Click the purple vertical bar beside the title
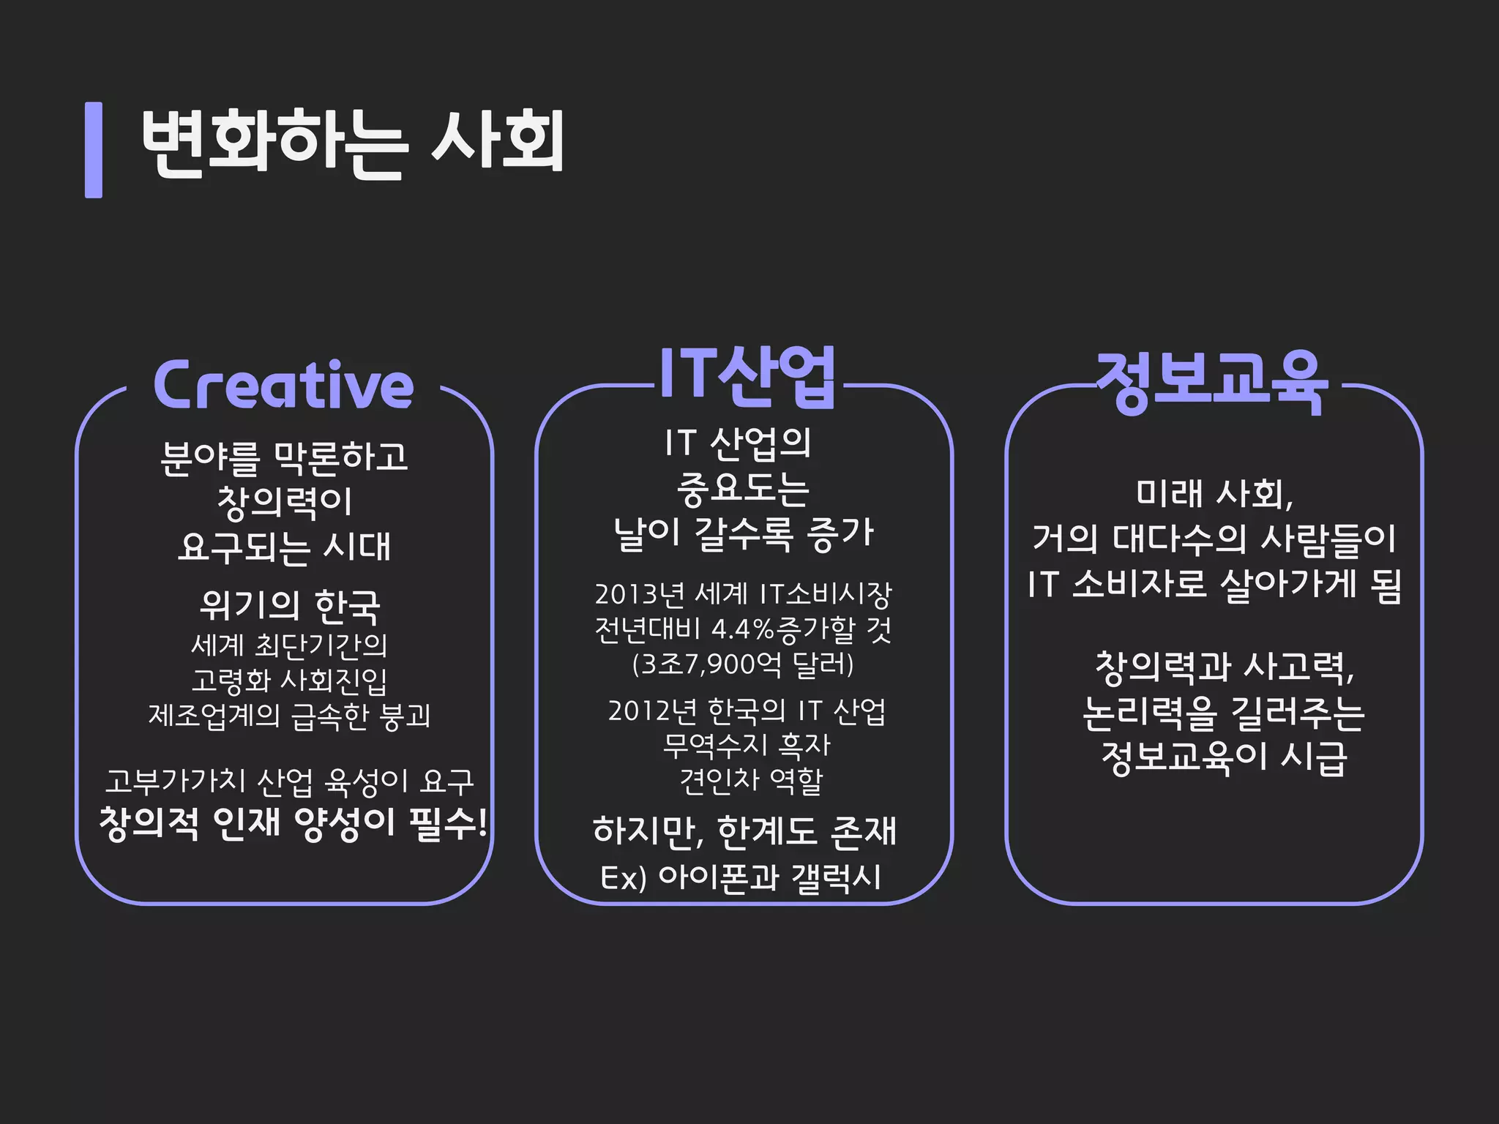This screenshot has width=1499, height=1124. [x=94, y=150]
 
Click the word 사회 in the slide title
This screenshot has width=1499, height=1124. [x=498, y=142]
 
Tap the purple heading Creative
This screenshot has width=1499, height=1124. [x=283, y=386]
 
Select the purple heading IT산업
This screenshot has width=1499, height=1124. [x=747, y=375]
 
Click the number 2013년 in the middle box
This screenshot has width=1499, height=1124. [x=638, y=594]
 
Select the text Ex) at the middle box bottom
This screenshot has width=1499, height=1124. [x=623, y=877]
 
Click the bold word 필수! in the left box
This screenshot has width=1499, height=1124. [x=448, y=823]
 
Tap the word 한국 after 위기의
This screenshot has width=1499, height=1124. [x=347, y=606]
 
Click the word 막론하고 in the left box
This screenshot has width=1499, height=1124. [x=340, y=457]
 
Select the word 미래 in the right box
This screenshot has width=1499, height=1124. [x=1167, y=493]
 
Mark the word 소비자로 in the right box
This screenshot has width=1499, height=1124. [x=1139, y=585]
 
